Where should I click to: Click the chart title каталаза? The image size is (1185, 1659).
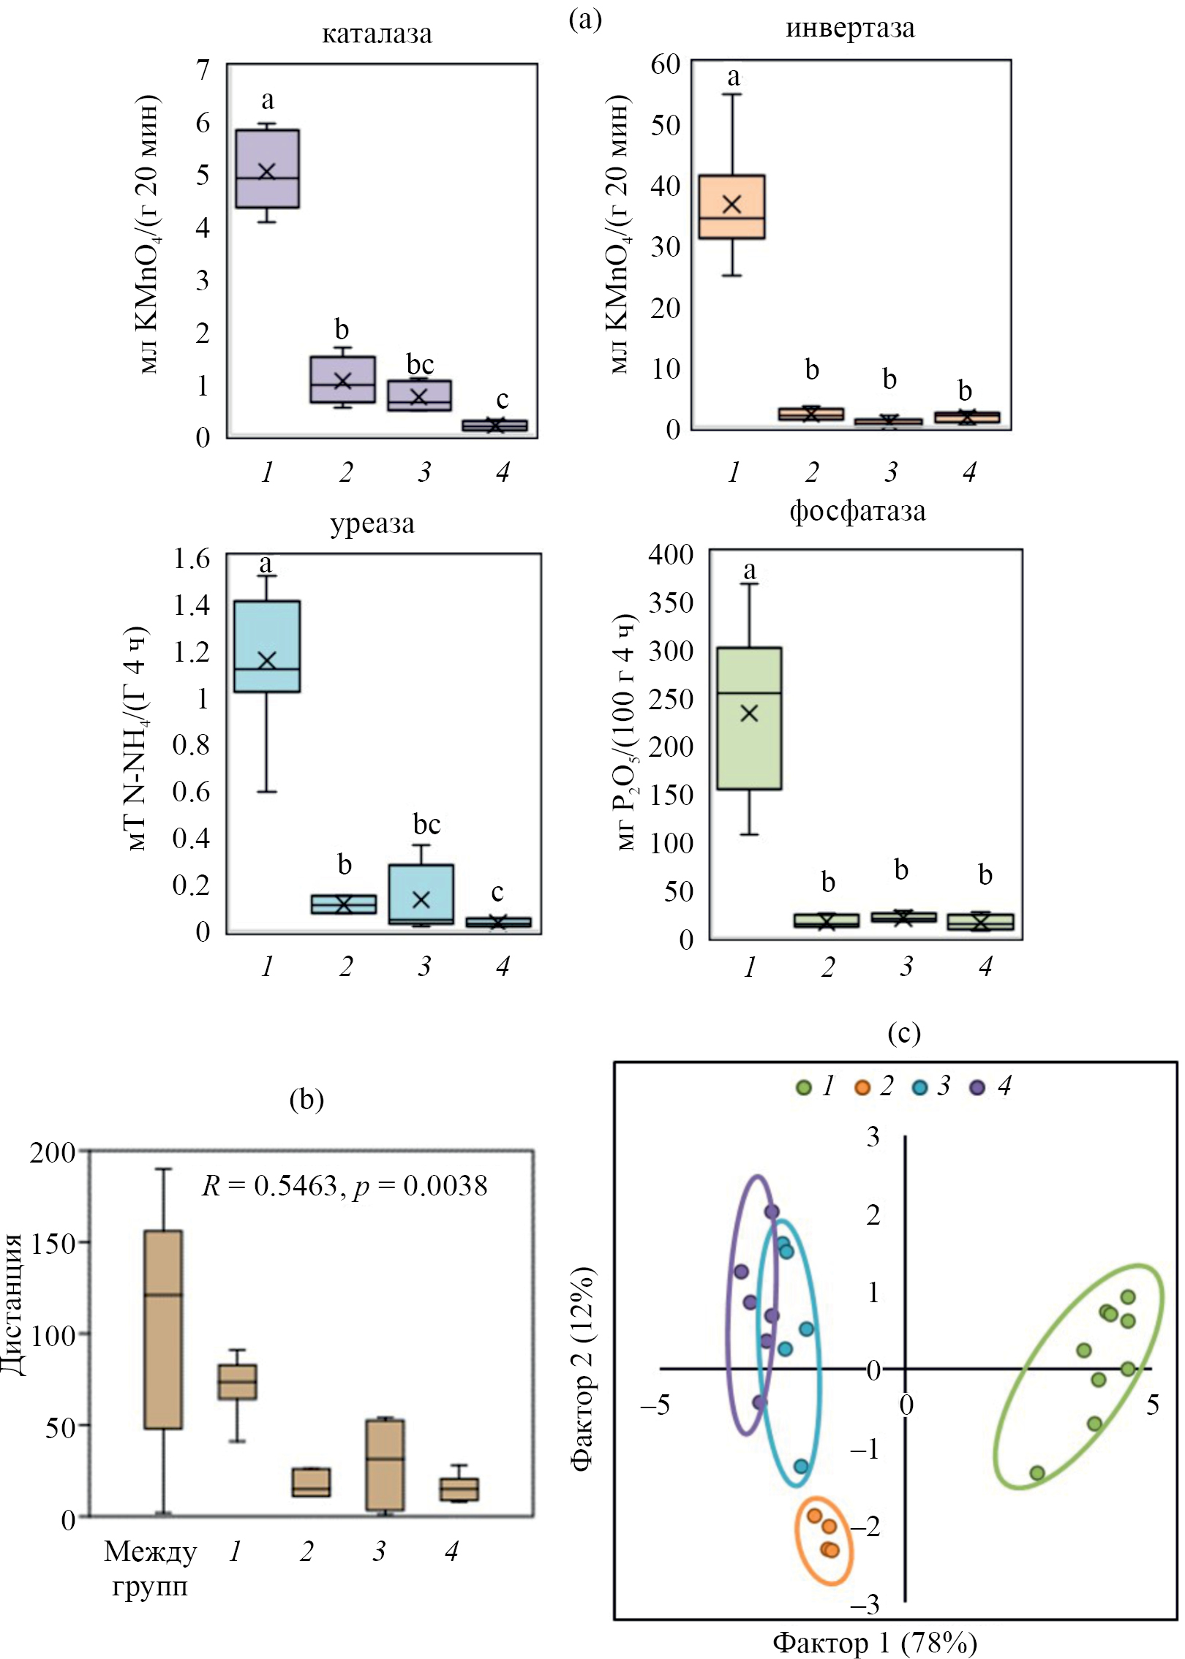[x=377, y=34]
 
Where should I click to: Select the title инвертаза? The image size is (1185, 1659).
[x=850, y=29]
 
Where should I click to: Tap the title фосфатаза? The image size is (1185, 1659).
[x=857, y=511]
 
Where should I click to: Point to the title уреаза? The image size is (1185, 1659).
[x=372, y=524]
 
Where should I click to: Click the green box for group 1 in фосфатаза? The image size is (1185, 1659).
[x=749, y=746]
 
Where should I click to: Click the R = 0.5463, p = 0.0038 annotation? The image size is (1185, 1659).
[x=345, y=1185]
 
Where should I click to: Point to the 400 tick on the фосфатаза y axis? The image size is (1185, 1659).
[x=671, y=554]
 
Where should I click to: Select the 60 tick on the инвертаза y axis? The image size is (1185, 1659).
[x=666, y=64]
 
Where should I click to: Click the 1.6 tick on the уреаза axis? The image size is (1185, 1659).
[x=191, y=559]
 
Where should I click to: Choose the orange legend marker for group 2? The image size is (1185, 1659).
[x=862, y=1088]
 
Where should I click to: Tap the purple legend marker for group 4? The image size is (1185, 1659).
[x=977, y=1088]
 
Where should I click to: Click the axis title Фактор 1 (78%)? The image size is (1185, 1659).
[x=875, y=1642]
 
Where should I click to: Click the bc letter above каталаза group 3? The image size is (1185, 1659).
[x=420, y=363]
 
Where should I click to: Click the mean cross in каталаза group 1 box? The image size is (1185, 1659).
[x=267, y=171]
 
